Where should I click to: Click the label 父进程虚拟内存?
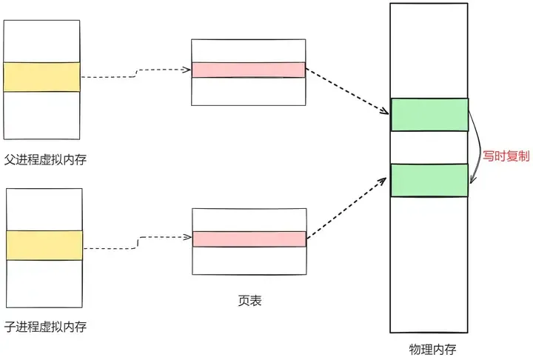45,159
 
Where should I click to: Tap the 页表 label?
249,301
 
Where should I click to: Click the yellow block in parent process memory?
42,77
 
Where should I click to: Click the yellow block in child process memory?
44,244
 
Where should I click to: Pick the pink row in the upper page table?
248,70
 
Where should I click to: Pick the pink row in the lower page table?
249,239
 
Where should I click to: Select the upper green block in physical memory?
429,115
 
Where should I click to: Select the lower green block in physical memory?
429,180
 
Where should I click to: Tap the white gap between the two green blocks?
429,147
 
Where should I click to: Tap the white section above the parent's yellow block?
42,41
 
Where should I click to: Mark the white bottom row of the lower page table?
249,261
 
